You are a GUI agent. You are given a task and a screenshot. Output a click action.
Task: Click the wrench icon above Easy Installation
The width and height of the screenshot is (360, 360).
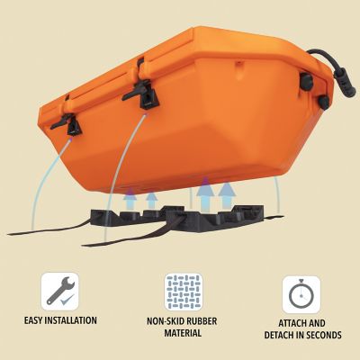[59, 291]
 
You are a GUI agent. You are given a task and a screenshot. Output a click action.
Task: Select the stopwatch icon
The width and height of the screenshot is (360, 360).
[301, 293]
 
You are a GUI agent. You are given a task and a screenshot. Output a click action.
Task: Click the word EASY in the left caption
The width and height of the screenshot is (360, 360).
[36, 319]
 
